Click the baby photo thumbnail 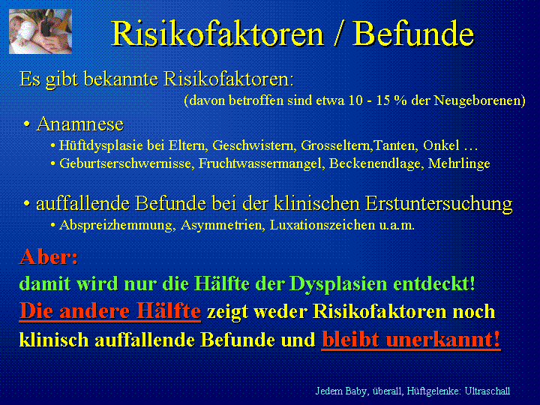pos(40,31)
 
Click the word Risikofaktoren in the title pos(217,34)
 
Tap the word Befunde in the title pos(413,34)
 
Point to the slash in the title pos(338,34)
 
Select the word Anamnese pos(80,124)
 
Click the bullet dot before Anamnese pos(26,124)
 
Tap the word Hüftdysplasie pos(101,145)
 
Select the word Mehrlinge pos(459,163)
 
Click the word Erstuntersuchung pos(439,203)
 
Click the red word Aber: pos(49,257)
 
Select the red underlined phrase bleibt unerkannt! pos(411,340)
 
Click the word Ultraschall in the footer pos(487,391)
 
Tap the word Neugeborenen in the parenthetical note pos(479,100)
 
